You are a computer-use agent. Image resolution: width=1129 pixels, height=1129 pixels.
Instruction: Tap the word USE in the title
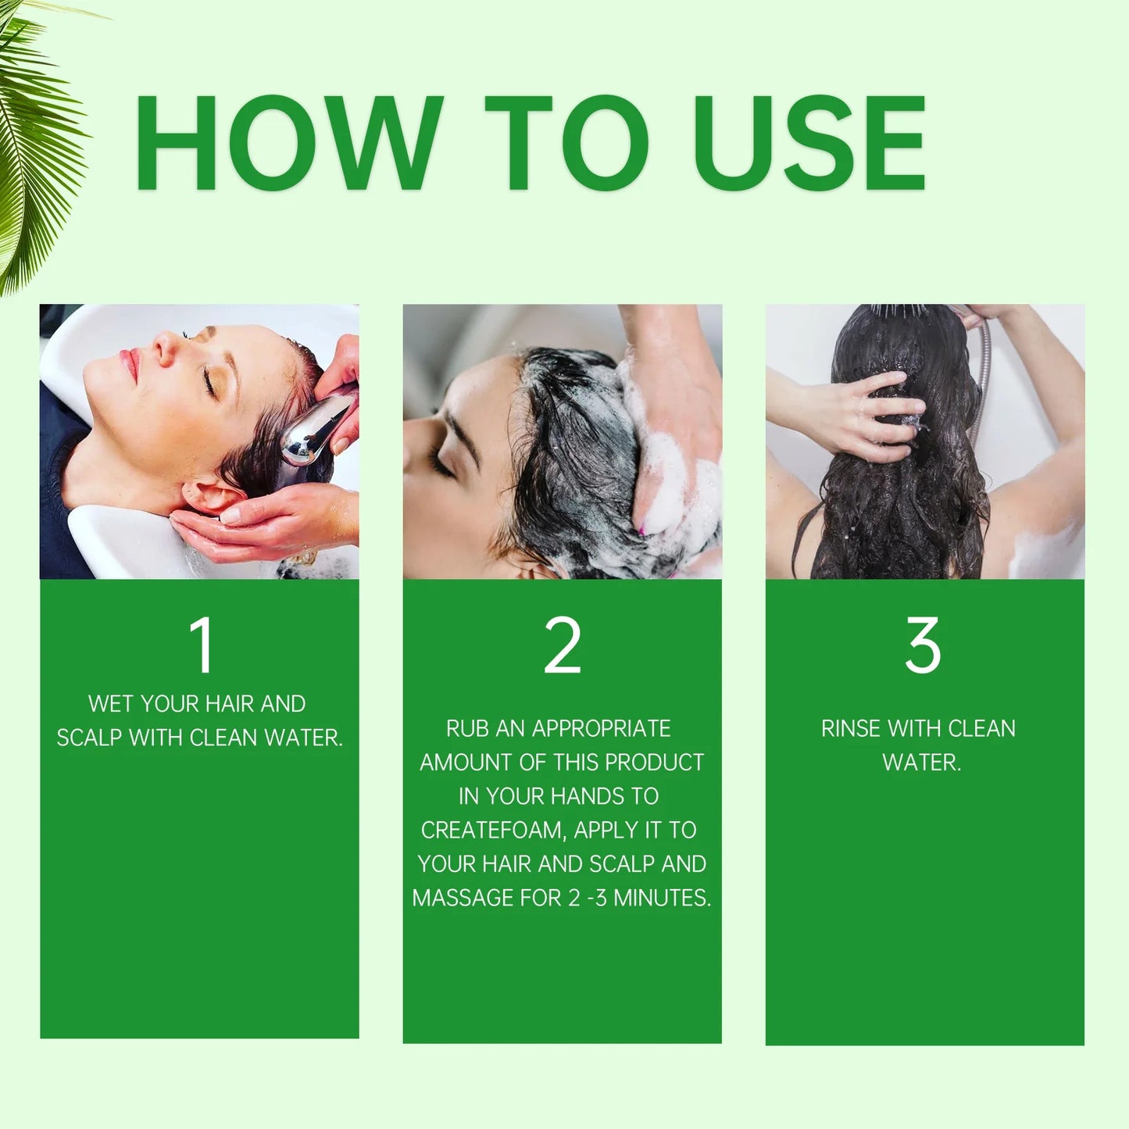pyautogui.click(x=809, y=143)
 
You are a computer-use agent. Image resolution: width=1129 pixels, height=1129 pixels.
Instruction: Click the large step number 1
pyautogui.click(x=202, y=645)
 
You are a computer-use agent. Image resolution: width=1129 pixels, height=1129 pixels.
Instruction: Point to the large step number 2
pyautogui.click(x=563, y=645)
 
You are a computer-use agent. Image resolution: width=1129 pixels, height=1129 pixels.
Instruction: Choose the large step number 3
pyautogui.click(x=923, y=645)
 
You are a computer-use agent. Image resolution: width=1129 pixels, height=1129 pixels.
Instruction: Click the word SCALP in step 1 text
pyautogui.click(x=89, y=738)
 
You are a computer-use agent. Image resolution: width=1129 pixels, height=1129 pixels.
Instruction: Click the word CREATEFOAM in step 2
pyautogui.click(x=492, y=830)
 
